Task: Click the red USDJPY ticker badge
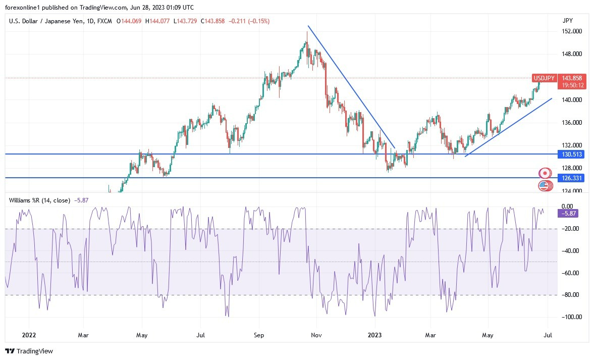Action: pos(545,78)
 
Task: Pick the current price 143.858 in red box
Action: pos(572,78)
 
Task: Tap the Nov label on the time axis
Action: pos(316,334)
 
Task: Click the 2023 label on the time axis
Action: pos(374,334)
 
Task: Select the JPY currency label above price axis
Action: pos(568,21)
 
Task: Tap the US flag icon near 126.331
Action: pos(544,186)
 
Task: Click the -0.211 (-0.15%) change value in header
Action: pos(249,21)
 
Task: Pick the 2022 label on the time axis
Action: pos(29,334)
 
